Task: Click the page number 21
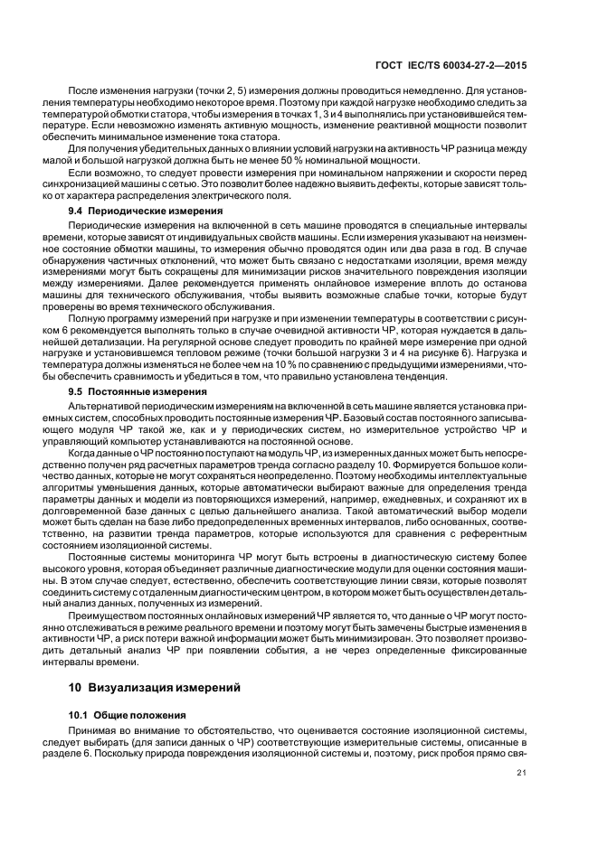click(520, 773)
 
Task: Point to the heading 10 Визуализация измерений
click(155, 688)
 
